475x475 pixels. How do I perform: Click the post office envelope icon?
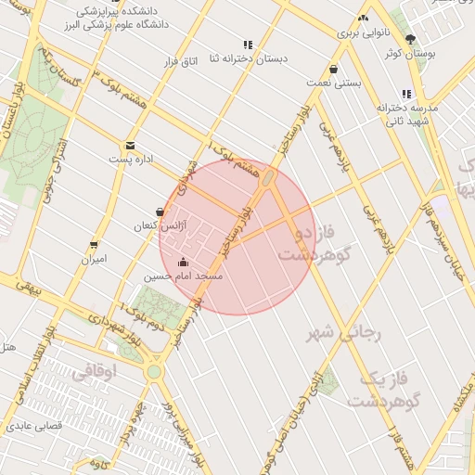130,146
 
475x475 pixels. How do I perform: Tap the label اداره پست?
131,160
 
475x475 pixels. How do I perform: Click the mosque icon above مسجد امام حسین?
183,262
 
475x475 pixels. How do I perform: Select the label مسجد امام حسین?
183,276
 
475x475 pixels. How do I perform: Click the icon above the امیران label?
93,245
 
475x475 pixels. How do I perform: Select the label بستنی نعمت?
333,83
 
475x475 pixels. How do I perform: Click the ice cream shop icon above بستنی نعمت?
333,69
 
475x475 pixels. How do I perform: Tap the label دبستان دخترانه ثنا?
248,58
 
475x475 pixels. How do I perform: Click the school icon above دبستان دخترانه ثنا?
248,45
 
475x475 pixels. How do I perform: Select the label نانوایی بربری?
359,32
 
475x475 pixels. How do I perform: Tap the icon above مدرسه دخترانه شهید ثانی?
406,94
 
